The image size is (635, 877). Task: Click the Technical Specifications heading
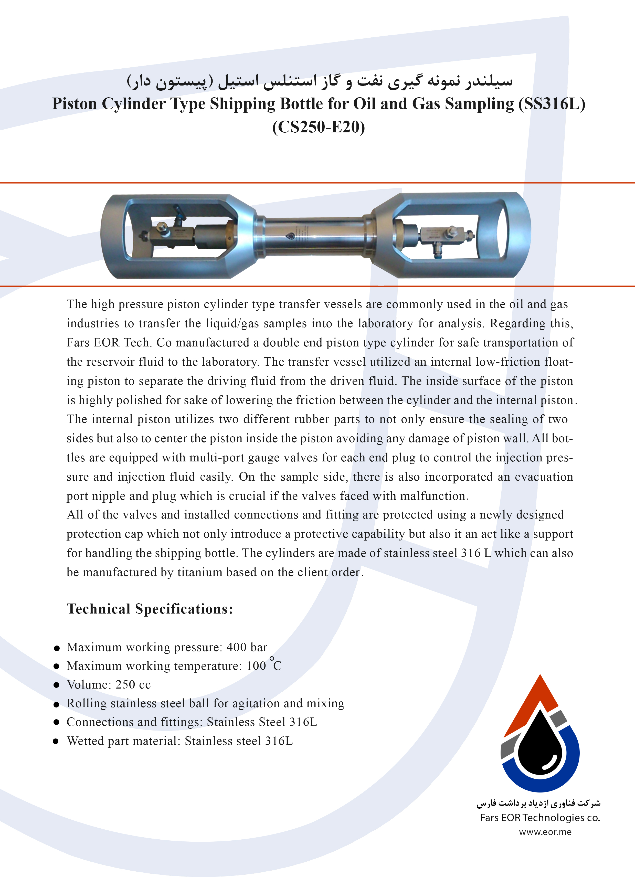[150, 609]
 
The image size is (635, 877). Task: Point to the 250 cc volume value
[133, 685]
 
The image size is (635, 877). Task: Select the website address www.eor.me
[545, 832]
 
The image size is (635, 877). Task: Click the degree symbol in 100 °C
[272, 659]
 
